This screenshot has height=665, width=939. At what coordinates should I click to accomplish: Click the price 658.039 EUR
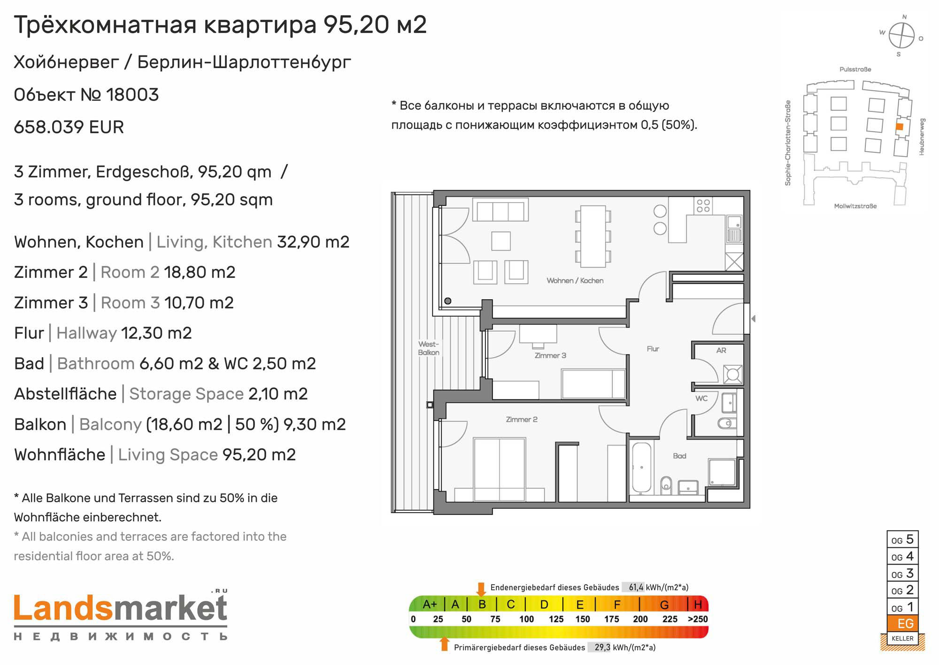click(x=69, y=127)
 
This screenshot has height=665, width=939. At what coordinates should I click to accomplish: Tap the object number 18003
click(x=132, y=95)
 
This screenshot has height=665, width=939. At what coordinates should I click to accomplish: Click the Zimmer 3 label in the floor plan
click(x=550, y=356)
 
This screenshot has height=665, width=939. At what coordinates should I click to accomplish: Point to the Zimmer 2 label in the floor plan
click(x=522, y=420)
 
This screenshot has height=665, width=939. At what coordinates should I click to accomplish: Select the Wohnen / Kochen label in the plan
click(x=575, y=281)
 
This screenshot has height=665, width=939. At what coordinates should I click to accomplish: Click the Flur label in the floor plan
click(x=653, y=349)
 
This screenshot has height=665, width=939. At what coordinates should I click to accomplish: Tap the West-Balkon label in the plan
click(x=429, y=348)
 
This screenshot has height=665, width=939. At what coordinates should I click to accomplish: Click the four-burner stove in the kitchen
click(x=703, y=205)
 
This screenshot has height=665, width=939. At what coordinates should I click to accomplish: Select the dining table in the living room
click(x=593, y=235)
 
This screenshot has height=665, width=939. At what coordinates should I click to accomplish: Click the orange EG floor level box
click(x=902, y=624)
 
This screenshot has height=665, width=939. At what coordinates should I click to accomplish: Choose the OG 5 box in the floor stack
click(x=902, y=540)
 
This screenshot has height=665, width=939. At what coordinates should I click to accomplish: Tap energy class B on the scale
click(x=482, y=604)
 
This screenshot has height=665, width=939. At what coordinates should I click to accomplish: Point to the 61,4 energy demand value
click(x=636, y=587)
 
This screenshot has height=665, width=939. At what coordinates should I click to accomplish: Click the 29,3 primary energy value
click(x=602, y=648)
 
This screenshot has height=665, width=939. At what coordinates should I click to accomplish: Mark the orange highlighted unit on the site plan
click(x=900, y=126)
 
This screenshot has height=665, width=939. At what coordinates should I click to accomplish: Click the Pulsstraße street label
click(x=855, y=70)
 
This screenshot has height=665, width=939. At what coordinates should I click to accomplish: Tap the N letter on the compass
click(x=905, y=17)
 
